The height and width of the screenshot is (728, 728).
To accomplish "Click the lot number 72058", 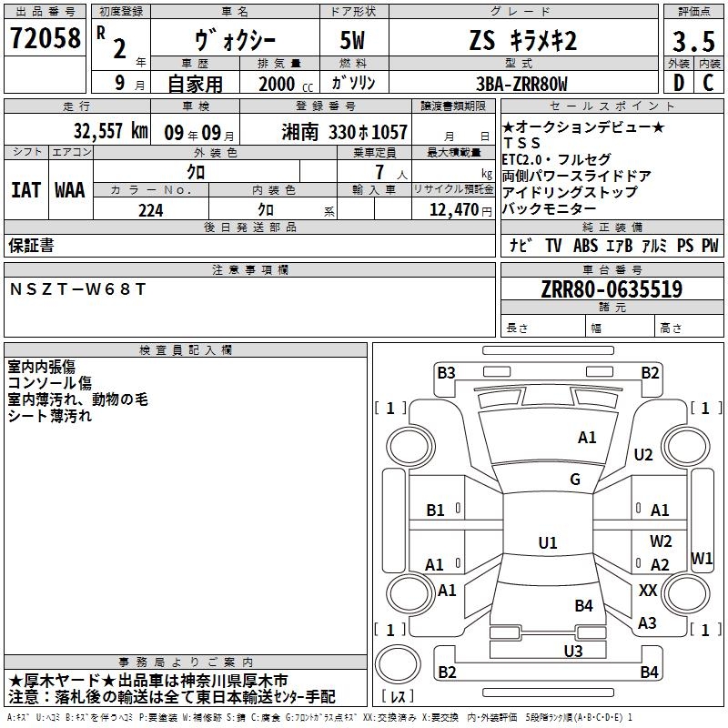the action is click(x=45, y=38).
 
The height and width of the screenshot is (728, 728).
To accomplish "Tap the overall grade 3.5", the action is click(x=693, y=41).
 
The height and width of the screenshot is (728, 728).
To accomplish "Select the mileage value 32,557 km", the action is click(x=110, y=131).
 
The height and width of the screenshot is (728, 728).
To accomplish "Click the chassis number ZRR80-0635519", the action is click(x=612, y=289).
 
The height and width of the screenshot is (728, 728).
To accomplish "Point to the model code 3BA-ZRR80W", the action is click(x=521, y=84).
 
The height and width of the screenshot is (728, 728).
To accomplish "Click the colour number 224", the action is click(x=151, y=210).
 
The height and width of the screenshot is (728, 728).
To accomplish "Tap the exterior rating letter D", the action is click(x=679, y=83).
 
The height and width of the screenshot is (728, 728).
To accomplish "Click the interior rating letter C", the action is click(x=708, y=83).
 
